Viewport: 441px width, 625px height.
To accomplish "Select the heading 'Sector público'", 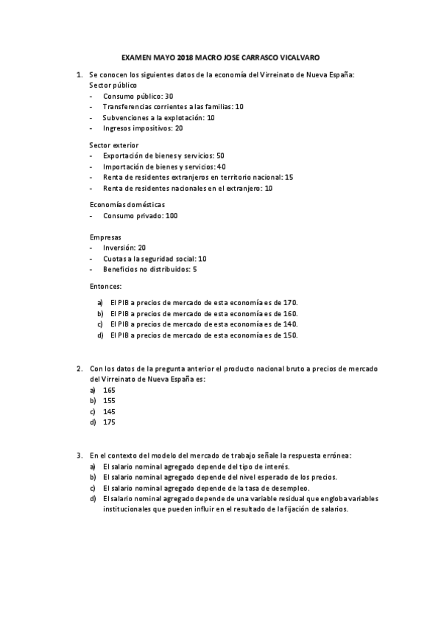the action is pyautogui.click(x=113, y=85).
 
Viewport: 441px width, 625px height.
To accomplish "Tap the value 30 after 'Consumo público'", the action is pyautogui.click(x=169, y=97).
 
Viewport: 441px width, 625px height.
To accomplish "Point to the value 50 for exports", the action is pyautogui.click(x=221, y=156).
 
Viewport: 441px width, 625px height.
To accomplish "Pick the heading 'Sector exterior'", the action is pyautogui.click(x=113, y=145).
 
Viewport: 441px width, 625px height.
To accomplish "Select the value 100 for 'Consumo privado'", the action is pyautogui.click(x=172, y=216).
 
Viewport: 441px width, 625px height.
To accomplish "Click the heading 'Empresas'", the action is pyautogui.click(x=105, y=237).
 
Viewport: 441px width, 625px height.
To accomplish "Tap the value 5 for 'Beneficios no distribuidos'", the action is pyautogui.click(x=194, y=270).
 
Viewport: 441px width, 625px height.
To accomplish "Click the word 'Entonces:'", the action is pyautogui.click(x=105, y=286).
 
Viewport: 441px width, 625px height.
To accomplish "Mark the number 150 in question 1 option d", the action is pyautogui.click(x=290, y=335).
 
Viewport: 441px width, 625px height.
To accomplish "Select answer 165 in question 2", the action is pyautogui.click(x=109, y=390).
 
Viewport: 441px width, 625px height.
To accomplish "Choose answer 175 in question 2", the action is pyautogui.click(x=109, y=422).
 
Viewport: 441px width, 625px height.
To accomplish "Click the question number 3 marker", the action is pyautogui.click(x=79, y=455).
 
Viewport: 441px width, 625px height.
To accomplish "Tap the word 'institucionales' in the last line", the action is pyautogui.click(x=128, y=509).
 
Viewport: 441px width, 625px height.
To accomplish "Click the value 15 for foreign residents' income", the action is pyautogui.click(x=289, y=178).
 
